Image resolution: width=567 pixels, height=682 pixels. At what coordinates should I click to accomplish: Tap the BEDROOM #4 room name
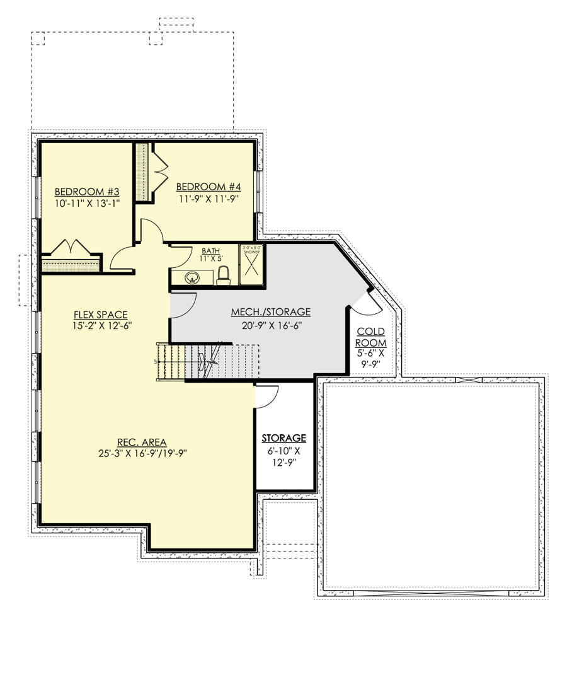pyautogui.click(x=209, y=187)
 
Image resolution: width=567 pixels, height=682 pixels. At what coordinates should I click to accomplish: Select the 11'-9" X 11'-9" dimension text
pyautogui.click(x=209, y=199)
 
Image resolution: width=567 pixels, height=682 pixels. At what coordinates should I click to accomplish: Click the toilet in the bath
pyautogui.click(x=222, y=275)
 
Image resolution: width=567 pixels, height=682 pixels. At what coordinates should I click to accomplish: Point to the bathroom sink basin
pyautogui.click(x=192, y=277)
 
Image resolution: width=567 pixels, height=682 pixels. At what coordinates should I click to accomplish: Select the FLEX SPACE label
pyautogui.click(x=101, y=315)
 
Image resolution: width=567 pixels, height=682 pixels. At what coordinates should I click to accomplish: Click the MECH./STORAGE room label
pyautogui.click(x=271, y=312)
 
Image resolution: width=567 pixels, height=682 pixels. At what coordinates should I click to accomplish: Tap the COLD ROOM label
pyautogui.click(x=372, y=337)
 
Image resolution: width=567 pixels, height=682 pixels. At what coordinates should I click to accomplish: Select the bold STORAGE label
pyautogui.click(x=284, y=438)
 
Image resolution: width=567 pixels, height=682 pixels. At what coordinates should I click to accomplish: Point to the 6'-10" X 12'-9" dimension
pyautogui.click(x=284, y=456)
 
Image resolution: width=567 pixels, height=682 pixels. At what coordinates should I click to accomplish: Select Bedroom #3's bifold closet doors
pyautogui.click(x=71, y=246)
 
